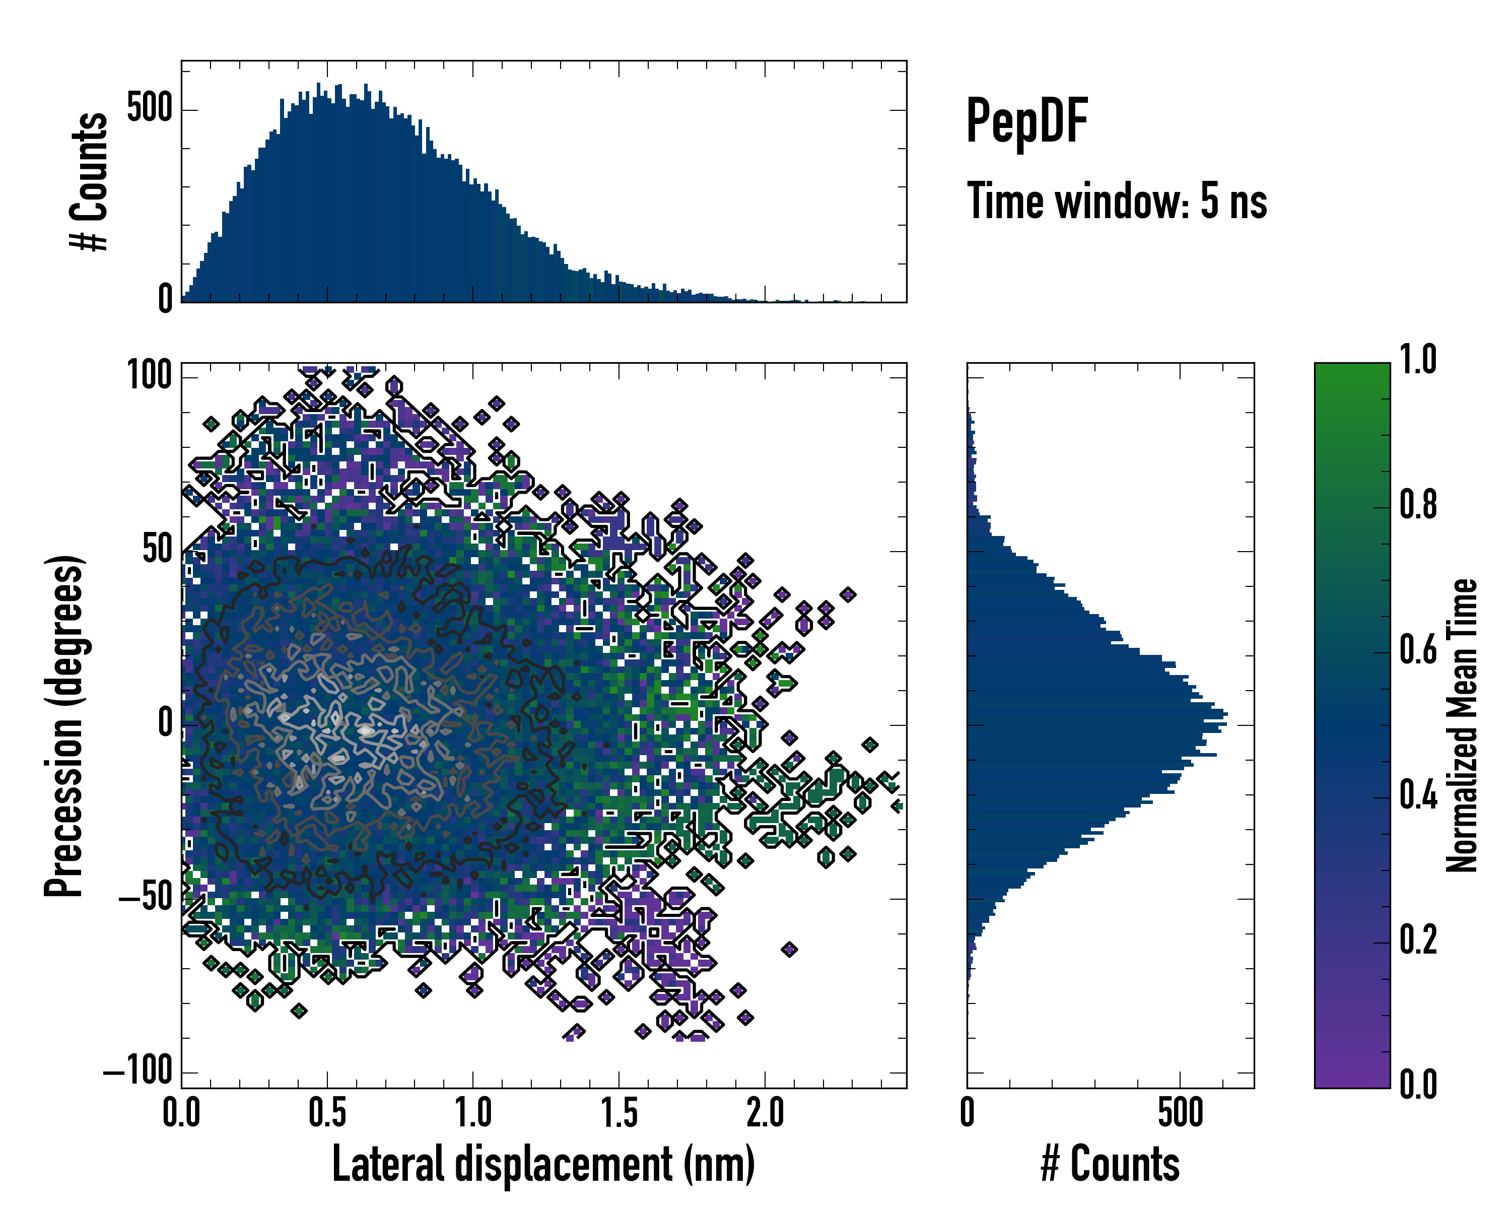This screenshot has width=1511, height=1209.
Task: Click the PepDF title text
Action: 1026,121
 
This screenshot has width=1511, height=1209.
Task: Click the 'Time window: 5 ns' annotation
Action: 1117,201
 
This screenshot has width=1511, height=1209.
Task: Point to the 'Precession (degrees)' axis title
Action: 64,725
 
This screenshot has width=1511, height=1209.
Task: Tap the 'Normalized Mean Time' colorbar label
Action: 1462,725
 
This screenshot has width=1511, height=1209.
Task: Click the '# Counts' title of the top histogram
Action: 90,181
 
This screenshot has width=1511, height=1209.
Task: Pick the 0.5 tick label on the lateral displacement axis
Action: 327,1113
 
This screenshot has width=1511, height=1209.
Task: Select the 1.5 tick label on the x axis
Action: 619,1113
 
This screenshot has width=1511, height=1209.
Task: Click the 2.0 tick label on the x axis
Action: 765,1113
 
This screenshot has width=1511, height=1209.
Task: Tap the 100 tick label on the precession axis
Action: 149,376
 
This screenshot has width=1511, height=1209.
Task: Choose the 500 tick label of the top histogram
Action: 149,109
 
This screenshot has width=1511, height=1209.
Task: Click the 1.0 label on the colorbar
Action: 1418,360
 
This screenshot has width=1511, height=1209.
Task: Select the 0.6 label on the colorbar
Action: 1418,650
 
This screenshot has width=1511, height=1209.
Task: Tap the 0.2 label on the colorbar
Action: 1418,941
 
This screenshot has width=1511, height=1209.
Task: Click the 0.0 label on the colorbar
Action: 1418,1085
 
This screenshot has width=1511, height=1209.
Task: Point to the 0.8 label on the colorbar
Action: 1418,505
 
